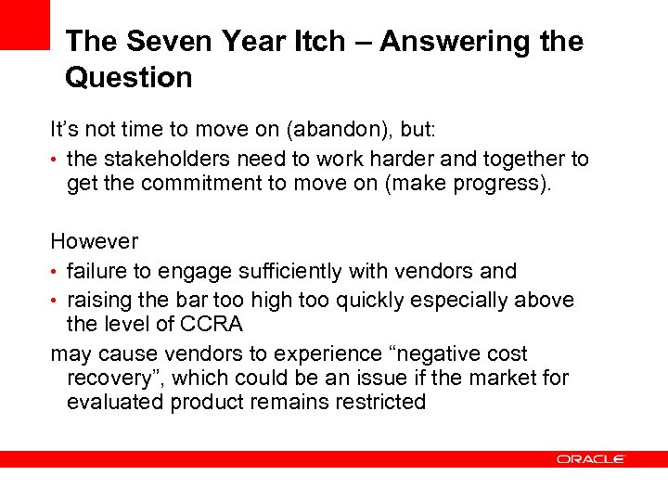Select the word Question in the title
pos(129,77)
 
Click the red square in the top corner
pos(24,24)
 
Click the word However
pos(94,241)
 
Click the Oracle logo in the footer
pos(591,458)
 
